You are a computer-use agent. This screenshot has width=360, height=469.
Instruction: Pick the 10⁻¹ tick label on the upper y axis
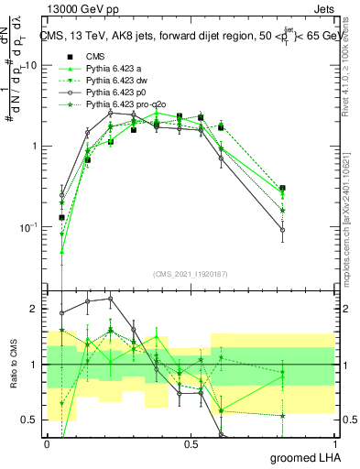(x=29, y=227)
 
